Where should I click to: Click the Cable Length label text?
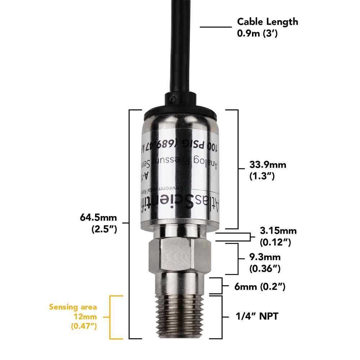[267, 22]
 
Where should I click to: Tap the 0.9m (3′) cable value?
[258, 34]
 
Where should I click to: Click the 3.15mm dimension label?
[278, 231]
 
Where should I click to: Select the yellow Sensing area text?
[73, 307]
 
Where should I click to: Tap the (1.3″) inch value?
[262, 176]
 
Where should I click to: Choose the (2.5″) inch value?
[104, 229]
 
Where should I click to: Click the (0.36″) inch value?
[265, 268]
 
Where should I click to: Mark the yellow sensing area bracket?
[111, 317]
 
